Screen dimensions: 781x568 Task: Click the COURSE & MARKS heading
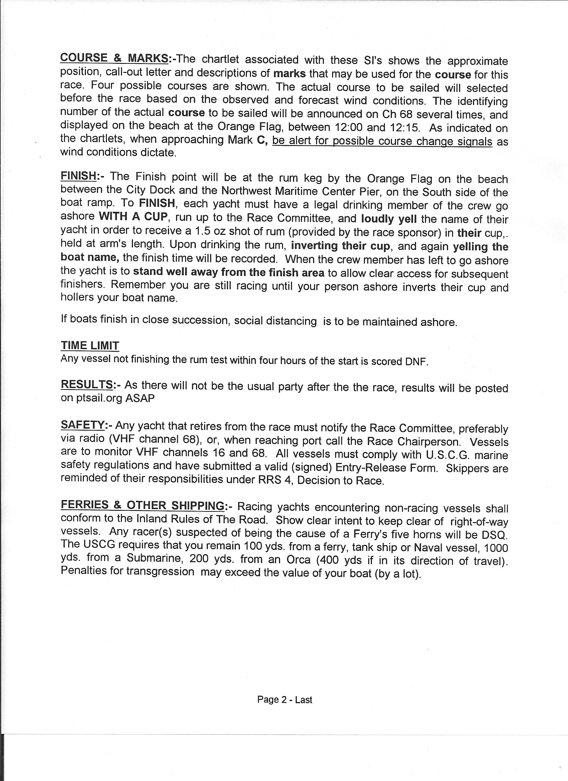point(114,58)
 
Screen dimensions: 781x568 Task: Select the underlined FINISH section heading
point(78,176)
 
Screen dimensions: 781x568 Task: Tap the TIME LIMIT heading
point(90,345)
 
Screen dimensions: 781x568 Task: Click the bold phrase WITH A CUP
point(133,217)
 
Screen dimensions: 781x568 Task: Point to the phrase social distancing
point(275,321)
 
